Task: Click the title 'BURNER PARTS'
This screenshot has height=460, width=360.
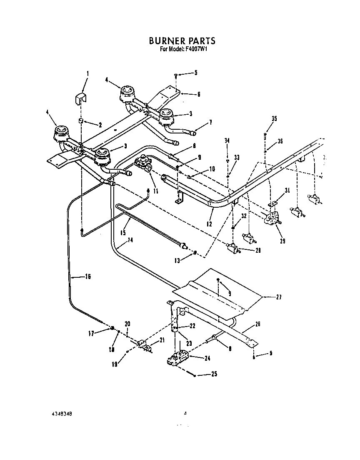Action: [x=182, y=41]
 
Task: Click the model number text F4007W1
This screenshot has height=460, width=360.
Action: [x=196, y=49]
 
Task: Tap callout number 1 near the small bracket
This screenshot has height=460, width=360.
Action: [x=87, y=74]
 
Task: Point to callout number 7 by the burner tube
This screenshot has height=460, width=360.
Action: [x=210, y=122]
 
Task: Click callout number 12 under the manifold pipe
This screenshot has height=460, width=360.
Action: [x=209, y=224]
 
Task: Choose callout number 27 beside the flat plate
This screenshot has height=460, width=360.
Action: [x=279, y=297]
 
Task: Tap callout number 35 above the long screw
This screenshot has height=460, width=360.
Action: [x=274, y=119]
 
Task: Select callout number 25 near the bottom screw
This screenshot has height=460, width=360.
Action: [x=214, y=374]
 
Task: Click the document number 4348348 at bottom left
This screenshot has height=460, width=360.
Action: [x=63, y=415]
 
